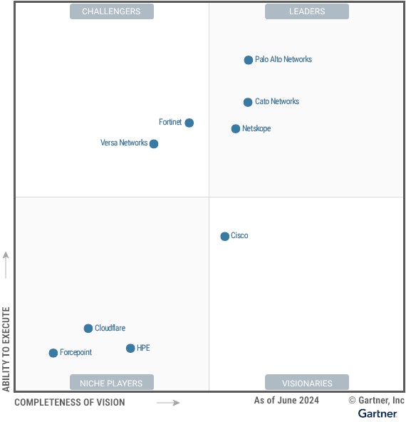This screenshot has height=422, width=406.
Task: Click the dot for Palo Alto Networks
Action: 249,60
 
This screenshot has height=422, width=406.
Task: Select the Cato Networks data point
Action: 248,102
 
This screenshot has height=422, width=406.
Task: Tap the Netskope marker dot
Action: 236,129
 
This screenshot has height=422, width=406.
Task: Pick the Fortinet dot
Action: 189,123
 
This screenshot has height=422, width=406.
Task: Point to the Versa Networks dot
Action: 154,144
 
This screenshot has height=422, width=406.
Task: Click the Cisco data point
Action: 225,236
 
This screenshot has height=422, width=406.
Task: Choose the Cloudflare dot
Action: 88,329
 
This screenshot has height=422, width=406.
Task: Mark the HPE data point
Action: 130,349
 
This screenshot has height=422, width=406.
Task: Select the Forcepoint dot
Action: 53,353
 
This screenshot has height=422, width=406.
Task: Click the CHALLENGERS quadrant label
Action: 111,11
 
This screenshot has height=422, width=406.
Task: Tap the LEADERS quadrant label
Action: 307,11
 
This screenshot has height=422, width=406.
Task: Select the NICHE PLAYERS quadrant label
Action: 111,383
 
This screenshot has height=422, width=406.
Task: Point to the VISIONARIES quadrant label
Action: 307,383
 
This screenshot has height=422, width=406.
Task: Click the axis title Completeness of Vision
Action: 70,403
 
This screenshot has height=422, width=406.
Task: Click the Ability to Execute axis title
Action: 6,349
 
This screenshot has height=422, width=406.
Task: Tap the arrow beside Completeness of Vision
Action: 168,403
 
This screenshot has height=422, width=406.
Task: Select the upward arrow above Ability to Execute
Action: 6,264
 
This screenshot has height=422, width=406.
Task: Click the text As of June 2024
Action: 286,401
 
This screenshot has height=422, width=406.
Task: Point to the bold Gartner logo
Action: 378,413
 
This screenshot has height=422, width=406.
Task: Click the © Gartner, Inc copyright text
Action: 376,401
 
